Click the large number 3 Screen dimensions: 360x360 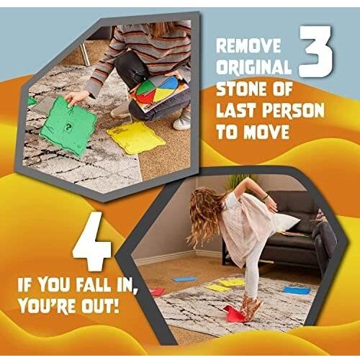click(316, 51)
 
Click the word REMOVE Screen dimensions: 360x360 click(248, 45)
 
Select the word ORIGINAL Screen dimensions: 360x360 click(253, 66)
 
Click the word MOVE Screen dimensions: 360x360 click(266, 132)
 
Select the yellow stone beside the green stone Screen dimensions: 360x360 click(136, 138)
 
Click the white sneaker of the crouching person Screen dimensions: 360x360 click(181, 122)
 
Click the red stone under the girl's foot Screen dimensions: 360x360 click(235, 314)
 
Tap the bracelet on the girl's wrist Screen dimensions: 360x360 click(266, 197)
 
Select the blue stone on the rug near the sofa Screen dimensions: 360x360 click(297, 290)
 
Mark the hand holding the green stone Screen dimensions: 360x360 click(75, 99)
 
